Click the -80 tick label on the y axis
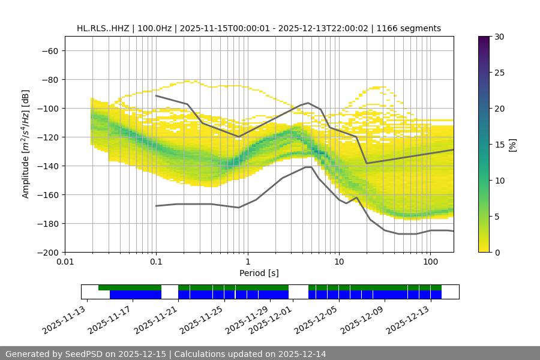pos(49,80)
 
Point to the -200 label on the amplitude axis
pos(46,253)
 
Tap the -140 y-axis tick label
pos(46,166)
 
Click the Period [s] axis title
pos(259,273)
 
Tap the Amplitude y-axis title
pos(26,145)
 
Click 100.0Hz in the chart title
pos(163,28)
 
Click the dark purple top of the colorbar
pos(484,40)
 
